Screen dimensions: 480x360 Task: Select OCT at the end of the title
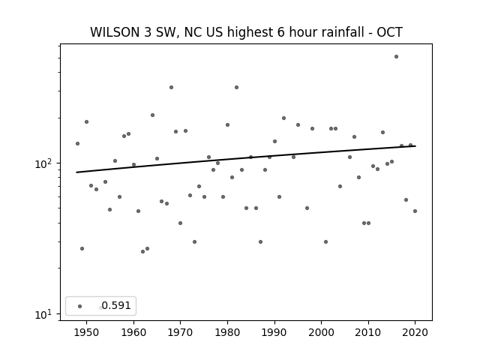click(x=389, y=32)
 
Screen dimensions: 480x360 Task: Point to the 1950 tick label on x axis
click(x=87, y=332)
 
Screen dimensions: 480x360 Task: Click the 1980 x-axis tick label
click(x=227, y=332)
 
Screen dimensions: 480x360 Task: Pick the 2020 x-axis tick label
click(x=415, y=332)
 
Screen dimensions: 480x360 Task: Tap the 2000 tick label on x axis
click(x=322, y=332)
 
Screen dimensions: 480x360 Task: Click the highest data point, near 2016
click(x=396, y=57)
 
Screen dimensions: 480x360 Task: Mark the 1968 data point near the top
click(x=171, y=87)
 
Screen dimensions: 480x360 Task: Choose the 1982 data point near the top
click(x=237, y=87)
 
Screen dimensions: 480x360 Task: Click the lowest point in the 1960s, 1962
click(x=142, y=252)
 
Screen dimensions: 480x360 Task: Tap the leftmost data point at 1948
click(x=77, y=143)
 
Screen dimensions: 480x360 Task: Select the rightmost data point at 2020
click(x=415, y=211)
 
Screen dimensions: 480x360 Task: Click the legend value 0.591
click(x=116, y=305)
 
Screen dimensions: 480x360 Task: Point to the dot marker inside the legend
click(x=80, y=306)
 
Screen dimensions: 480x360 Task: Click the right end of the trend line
click(x=415, y=146)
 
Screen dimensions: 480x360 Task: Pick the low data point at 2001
click(x=325, y=241)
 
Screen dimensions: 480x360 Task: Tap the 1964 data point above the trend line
click(x=152, y=115)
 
